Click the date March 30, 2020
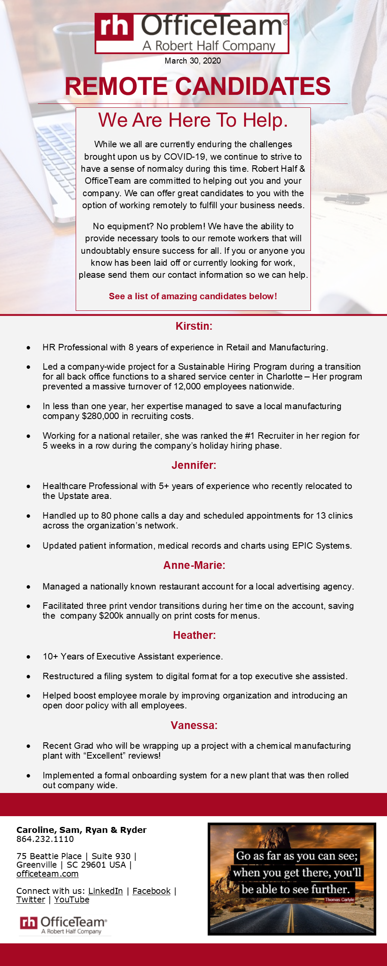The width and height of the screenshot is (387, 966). coord(193,61)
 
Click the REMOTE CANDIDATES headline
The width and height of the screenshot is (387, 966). coord(197,86)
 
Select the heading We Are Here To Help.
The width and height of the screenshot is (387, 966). coord(193,120)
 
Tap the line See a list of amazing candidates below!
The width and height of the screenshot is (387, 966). coord(193,296)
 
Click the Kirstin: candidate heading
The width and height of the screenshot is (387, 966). coord(194,326)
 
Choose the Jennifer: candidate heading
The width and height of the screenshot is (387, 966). coord(194,465)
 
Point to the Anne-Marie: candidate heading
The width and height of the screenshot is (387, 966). coord(194,565)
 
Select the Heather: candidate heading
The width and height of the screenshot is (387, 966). coord(194,635)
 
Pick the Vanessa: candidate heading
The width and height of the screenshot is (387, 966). coord(194,726)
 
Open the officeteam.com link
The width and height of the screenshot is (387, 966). coord(47,874)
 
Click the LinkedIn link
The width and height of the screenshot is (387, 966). coord(105,891)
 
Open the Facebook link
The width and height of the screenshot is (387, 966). coord(151,891)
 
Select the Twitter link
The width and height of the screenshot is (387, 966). coord(31,899)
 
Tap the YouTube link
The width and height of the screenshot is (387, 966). coord(71,899)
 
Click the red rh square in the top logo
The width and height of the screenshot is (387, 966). coord(114,27)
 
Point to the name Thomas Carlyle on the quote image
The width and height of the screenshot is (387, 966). coord(339,899)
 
